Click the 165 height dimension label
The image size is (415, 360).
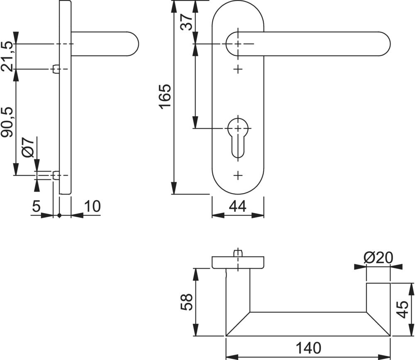165,96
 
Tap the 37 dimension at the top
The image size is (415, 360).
187,22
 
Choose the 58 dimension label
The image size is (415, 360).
187,303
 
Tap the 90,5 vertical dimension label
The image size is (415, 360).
7,122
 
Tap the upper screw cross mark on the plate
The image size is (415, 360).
238,69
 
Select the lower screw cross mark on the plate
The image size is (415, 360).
238,175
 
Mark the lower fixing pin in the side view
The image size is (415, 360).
55,176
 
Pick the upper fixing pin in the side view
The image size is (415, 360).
55,69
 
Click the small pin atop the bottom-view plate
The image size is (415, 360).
237,252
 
